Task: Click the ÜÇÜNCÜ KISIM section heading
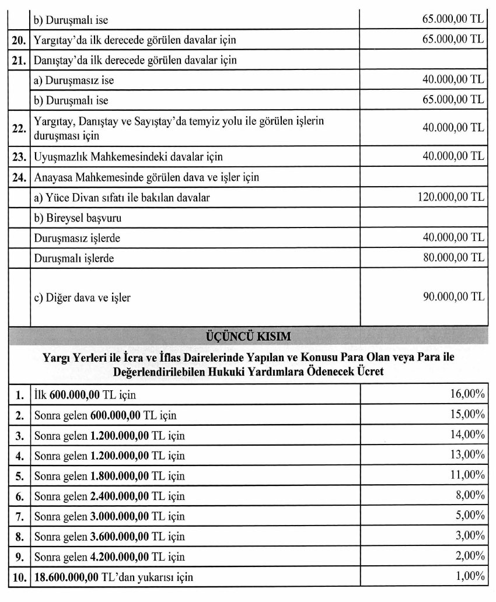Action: coord(248,337)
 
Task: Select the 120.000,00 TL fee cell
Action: coord(451,198)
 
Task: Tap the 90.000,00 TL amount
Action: coord(454,297)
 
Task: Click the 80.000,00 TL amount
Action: coord(454,257)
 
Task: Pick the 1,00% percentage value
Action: coord(470,577)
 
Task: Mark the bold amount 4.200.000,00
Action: coord(120,557)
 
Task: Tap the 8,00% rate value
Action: coord(470,496)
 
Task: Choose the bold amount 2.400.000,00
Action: coord(120,496)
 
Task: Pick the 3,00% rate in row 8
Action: coord(470,537)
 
